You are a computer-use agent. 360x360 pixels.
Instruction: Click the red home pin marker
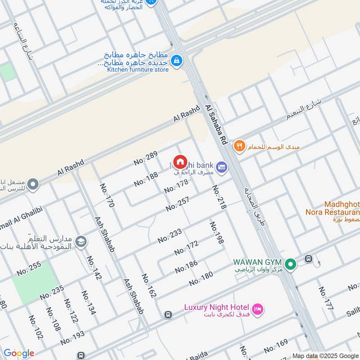click(x=180, y=162)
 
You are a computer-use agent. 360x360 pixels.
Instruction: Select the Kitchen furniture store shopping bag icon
click(x=176, y=59)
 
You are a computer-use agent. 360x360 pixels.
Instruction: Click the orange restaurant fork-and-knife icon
click(x=239, y=146)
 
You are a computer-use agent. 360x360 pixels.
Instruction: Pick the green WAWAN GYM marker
click(x=291, y=264)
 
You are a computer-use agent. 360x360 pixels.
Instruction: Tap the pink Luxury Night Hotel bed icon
click(x=258, y=309)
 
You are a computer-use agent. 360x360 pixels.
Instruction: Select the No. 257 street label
click(x=177, y=204)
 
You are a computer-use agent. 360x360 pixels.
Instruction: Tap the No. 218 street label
click(x=219, y=196)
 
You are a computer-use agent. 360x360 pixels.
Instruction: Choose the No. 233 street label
click(x=170, y=235)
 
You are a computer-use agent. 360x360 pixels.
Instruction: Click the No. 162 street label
click(x=149, y=285)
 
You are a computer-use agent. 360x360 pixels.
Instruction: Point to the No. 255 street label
click(x=29, y=269)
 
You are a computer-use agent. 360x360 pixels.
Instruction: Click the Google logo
click(x=19, y=353)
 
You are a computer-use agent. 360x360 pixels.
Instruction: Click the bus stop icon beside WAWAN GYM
click(x=309, y=259)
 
